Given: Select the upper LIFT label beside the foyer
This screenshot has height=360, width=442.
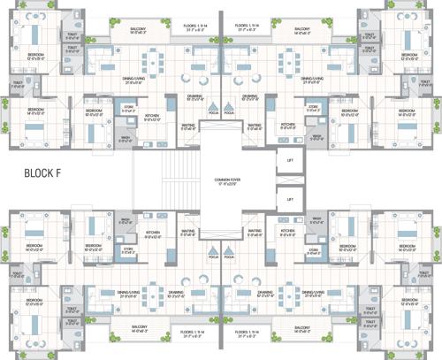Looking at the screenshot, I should (x=289, y=160).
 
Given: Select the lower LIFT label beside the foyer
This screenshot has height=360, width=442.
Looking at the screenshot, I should (x=289, y=200).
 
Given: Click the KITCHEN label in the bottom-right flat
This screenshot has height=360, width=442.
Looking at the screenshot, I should (x=288, y=234).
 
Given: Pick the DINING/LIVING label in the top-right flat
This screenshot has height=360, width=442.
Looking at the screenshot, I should (x=311, y=78).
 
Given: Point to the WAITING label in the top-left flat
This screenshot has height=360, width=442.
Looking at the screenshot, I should (x=188, y=126).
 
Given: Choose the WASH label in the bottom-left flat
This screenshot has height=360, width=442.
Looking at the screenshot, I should (x=126, y=220).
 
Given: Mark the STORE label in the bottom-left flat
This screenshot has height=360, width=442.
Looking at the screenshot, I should (x=128, y=249).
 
